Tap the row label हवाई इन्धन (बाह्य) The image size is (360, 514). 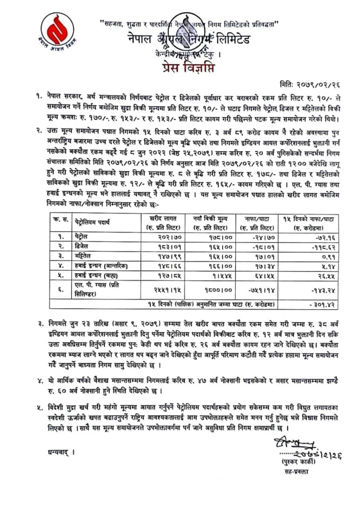click(96, 275)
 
